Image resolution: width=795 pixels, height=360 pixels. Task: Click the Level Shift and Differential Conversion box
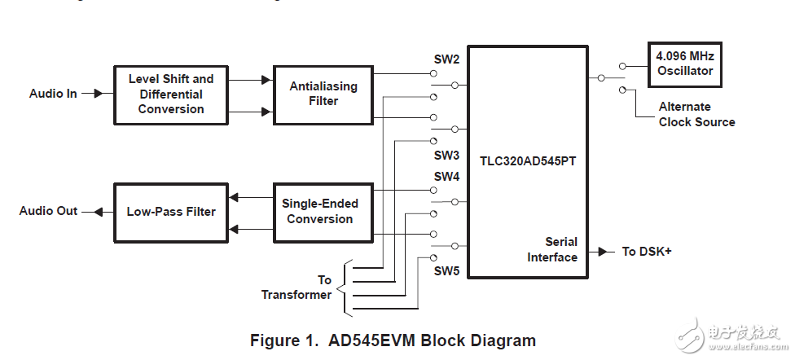click(x=171, y=94)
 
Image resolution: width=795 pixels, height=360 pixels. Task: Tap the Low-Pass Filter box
click(x=171, y=212)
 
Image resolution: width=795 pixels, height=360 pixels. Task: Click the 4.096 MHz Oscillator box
click(x=684, y=64)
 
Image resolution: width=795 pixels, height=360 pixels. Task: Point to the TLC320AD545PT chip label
click(x=527, y=161)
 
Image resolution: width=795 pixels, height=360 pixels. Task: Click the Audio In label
click(x=53, y=94)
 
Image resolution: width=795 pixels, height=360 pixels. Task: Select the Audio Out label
click(x=48, y=211)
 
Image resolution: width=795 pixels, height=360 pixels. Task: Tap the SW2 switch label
click(x=446, y=59)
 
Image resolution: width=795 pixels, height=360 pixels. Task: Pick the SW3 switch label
click(x=446, y=155)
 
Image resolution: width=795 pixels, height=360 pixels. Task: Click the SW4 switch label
click(x=446, y=176)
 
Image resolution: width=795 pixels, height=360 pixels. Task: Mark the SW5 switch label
click(x=446, y=270)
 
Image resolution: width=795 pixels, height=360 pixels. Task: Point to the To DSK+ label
click(x=647, y=251)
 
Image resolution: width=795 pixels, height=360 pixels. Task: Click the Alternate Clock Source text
click(x=696, y=114)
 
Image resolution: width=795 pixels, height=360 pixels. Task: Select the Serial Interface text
click(x=551, y=249)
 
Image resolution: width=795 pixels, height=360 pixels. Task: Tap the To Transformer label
click(x=296, y=288)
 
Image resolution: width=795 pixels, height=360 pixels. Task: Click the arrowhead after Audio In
click(x=98, y=94)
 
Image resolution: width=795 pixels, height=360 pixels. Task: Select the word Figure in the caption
click(x=276, y=340)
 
